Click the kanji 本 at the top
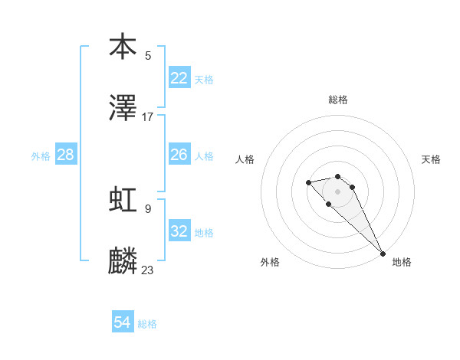point(123,47)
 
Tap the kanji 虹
point(123,200)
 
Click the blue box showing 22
point(179,78)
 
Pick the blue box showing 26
point(179,155)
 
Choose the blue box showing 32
point(179,231)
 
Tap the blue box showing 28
point(66,155)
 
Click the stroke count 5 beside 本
point(148,55)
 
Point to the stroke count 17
point(148,117)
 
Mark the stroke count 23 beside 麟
point(148,270)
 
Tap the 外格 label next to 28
point(41,156)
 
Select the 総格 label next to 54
point(147,325)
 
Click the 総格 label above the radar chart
point(338,100)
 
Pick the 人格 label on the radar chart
point(245,159)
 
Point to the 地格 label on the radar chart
point(402,262)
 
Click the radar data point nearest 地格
point(383,254)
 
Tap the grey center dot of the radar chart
point(337,191)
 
